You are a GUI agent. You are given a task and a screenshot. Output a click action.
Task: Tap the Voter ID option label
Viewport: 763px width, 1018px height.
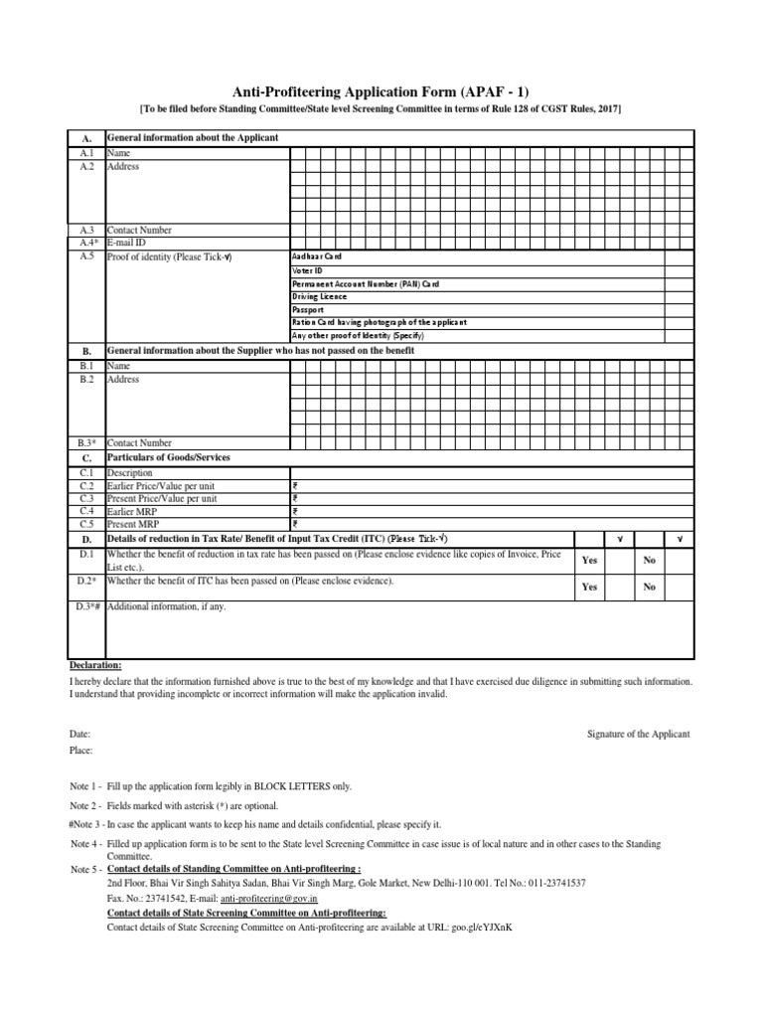(x=307, y=270)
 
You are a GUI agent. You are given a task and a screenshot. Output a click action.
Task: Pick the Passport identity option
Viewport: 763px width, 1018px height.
(x=307, y=310)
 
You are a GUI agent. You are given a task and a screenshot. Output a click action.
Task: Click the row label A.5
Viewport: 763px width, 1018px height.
(x=85, y=255)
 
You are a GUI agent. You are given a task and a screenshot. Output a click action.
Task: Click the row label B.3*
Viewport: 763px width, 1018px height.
(x=85, y=442)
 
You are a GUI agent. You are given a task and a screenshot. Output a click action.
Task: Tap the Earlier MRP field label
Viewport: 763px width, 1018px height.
(x=134, y=511)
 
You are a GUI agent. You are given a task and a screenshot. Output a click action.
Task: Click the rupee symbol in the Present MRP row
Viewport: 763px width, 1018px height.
(x=294, y=524)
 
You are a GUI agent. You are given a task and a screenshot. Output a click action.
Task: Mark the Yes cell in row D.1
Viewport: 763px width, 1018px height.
(x=589, y=561)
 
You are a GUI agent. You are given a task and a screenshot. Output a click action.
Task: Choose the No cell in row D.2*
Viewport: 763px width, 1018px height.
(x=650, y=587)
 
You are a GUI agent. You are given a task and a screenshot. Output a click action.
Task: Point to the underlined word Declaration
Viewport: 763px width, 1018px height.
(x=95, y=664)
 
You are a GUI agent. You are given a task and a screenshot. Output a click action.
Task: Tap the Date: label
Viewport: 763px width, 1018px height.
(x=80, y=734)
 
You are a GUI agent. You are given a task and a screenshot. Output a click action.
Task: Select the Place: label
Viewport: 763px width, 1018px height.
(x=81, y=750)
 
